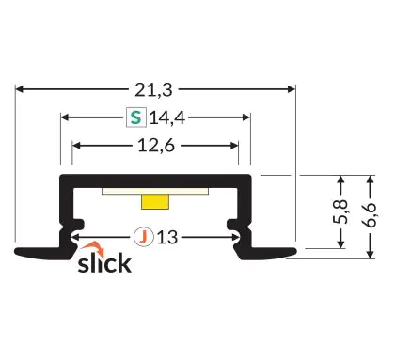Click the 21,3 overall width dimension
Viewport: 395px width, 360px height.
pyautogui.click(x=153, y=90)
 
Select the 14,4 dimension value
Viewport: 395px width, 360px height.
pyautogui.click(x=167, y=118)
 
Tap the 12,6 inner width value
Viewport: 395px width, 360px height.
pyautogui.click(x=156, y=146)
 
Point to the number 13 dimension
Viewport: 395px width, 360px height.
pyautogui.click(x=167, y=237)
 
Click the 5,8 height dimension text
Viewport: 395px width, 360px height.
pyautogui.click(x=340, y=211)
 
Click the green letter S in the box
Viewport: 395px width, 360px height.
pyautogui.click(x=136, y=117)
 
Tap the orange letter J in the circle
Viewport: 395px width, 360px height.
pyautogui.click(x=143, y=237)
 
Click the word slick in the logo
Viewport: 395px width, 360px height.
pyautogui.click(x=104, y=263)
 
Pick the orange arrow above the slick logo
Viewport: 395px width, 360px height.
pyautogui.click(x=93, y=248)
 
